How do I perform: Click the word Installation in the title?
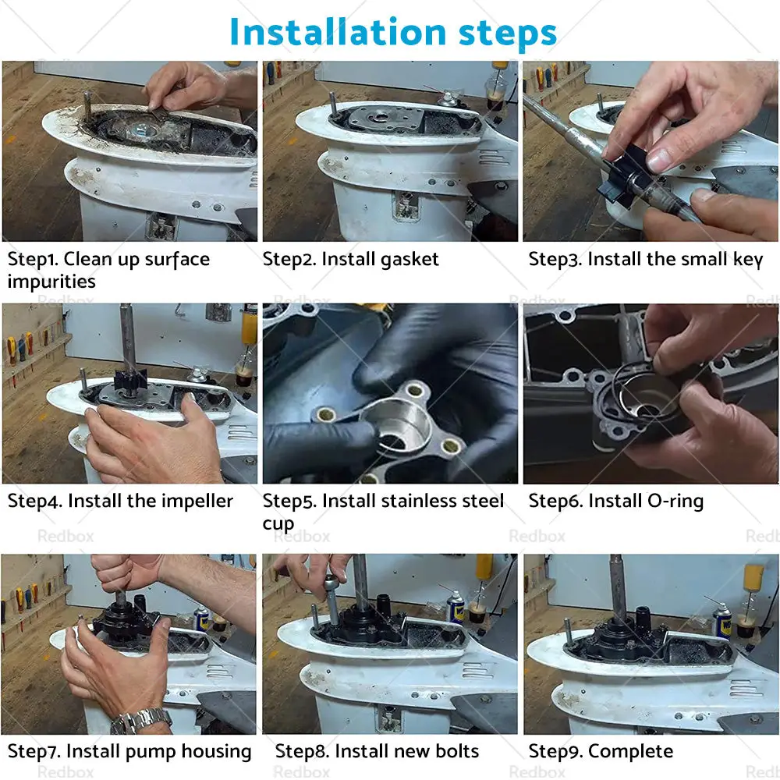tap(339, 32)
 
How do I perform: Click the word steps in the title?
tap(508, 34)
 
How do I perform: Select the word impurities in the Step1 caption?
tap(51, 282)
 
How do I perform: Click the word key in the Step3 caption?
tap(748, 260)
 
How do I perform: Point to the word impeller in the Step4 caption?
tap(201, 502)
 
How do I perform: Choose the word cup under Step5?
tap(278, 525)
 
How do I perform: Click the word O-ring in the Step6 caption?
tap(675, 501)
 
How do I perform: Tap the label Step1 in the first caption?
tap(31, 260)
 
